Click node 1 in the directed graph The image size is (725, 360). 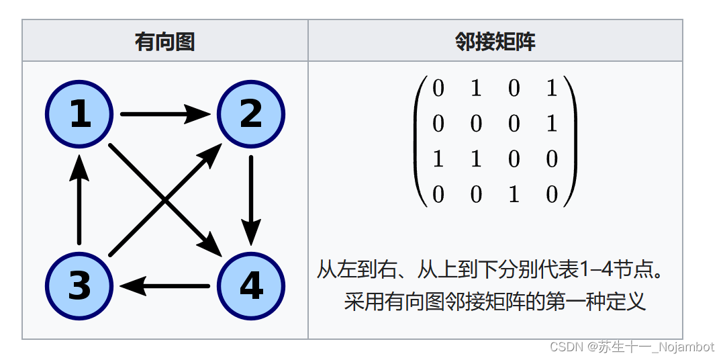tap(80, 114)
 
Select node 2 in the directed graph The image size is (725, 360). tap(251, 114)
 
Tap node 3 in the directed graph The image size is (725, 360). tap(80, 287)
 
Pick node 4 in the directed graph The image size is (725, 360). tap(251, 287)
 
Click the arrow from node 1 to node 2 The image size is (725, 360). tap(164, 114)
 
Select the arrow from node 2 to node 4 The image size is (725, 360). tap(251, 199)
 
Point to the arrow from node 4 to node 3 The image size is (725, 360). tap(164, 287)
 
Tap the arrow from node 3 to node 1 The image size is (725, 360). tap(80, 199)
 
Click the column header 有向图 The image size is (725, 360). tap(164, 42)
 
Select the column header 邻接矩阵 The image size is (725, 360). tap(495, 42)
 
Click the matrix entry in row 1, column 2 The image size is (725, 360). tap(476, 89)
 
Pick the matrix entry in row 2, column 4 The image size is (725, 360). tap(552, 124)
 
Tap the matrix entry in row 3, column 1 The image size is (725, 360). tap(438, 159)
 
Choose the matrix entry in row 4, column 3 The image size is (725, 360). tap(514, 195)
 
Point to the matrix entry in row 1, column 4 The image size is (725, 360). tap(552, 89)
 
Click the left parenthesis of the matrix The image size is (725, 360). tap(420, 141)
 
